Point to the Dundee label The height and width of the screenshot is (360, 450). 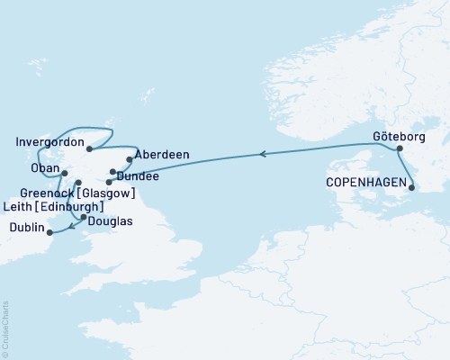(x=139, y=177)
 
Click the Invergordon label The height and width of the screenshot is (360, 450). (x=49, y=143)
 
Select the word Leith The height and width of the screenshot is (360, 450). (x=22, y=207)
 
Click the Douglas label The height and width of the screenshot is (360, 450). (x=112, y=220)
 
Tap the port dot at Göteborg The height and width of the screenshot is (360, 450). (x=400, y=148)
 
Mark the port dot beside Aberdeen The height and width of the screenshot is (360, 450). (x=130, y=160)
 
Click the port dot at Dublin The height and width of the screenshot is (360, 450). (x=49, y=233)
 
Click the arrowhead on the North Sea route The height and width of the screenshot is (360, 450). (x=263, y=155)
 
